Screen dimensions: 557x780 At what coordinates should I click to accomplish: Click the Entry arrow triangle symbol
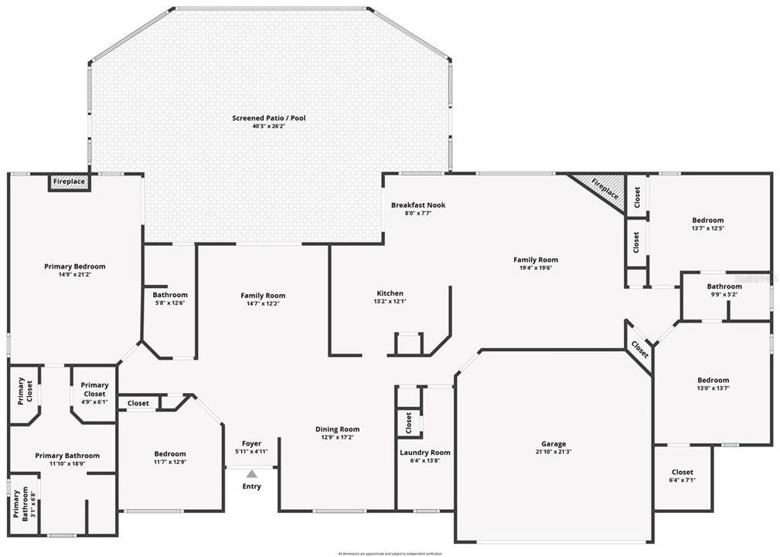point(251,473)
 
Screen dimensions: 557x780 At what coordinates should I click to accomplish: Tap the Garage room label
point(553,444)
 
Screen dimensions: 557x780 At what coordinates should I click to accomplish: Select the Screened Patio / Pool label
point(269,118)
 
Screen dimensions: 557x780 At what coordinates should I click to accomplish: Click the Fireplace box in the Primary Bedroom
point(70,183)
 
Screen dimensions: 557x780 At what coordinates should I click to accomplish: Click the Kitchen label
point(390,293)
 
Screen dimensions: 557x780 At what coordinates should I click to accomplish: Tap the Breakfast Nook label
point(417,205)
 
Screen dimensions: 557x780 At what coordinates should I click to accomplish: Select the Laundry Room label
point(424,453)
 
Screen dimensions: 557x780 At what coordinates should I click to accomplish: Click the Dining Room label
point(337,429)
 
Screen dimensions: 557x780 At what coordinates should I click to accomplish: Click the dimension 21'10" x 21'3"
point(553,452)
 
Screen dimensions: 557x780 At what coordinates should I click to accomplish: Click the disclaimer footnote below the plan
point(390,552)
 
